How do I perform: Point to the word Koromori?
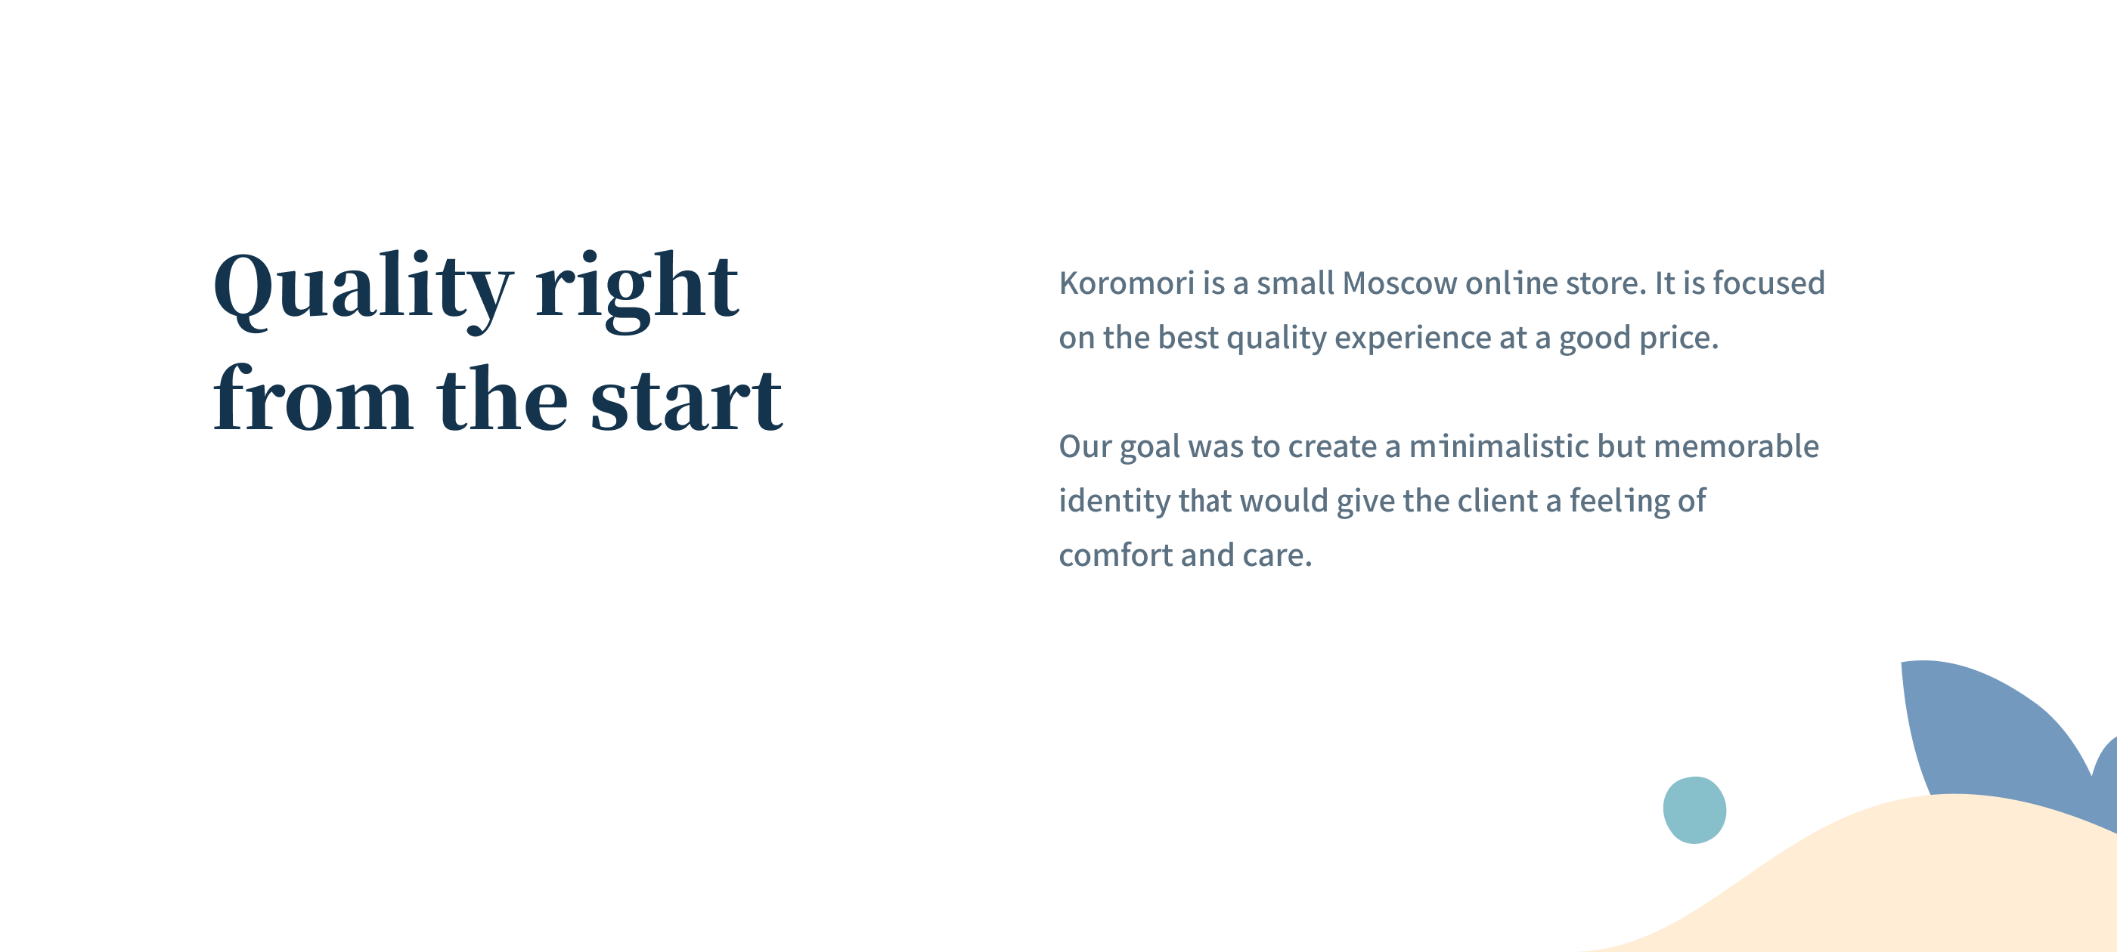pos(1127,283)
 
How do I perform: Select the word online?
pos(1511,283)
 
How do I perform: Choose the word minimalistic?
pos(1499,446)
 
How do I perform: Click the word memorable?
pos(1736,446)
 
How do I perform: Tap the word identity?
pos(1114,502)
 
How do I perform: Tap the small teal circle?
pos(1694,810)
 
